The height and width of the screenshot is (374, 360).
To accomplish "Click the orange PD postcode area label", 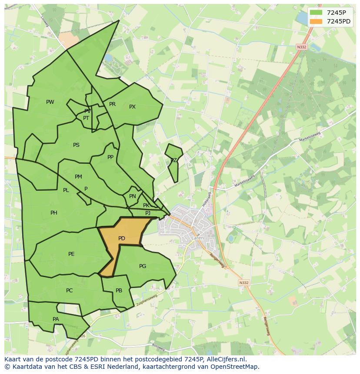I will (x=122, y=238).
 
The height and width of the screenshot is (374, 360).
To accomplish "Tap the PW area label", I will (x=50, y=102).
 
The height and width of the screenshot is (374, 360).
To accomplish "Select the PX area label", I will (x=133, y=107).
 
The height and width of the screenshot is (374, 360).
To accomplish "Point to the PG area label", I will (x=143, y=266).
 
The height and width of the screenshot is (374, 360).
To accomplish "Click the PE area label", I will (x=71, y=254).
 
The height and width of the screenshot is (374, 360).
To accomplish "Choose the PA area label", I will (x=56, y=319).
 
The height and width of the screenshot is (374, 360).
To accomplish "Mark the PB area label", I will (x=119, y=291).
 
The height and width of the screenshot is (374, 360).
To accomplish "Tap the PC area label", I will (x=70, y=291).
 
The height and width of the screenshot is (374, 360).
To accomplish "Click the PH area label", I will (x=54, y=213).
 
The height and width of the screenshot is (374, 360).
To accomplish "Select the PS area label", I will (x=77, y=145).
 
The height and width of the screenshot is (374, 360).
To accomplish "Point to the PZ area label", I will (x=173, y=160).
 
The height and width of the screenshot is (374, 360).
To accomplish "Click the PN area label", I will (x=133, y=196).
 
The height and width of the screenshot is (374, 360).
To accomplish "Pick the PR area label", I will (x=113, y=104).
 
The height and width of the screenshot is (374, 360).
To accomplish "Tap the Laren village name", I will (x=197, y=238).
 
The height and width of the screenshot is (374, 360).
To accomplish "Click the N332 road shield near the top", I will (x=301, y=47).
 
